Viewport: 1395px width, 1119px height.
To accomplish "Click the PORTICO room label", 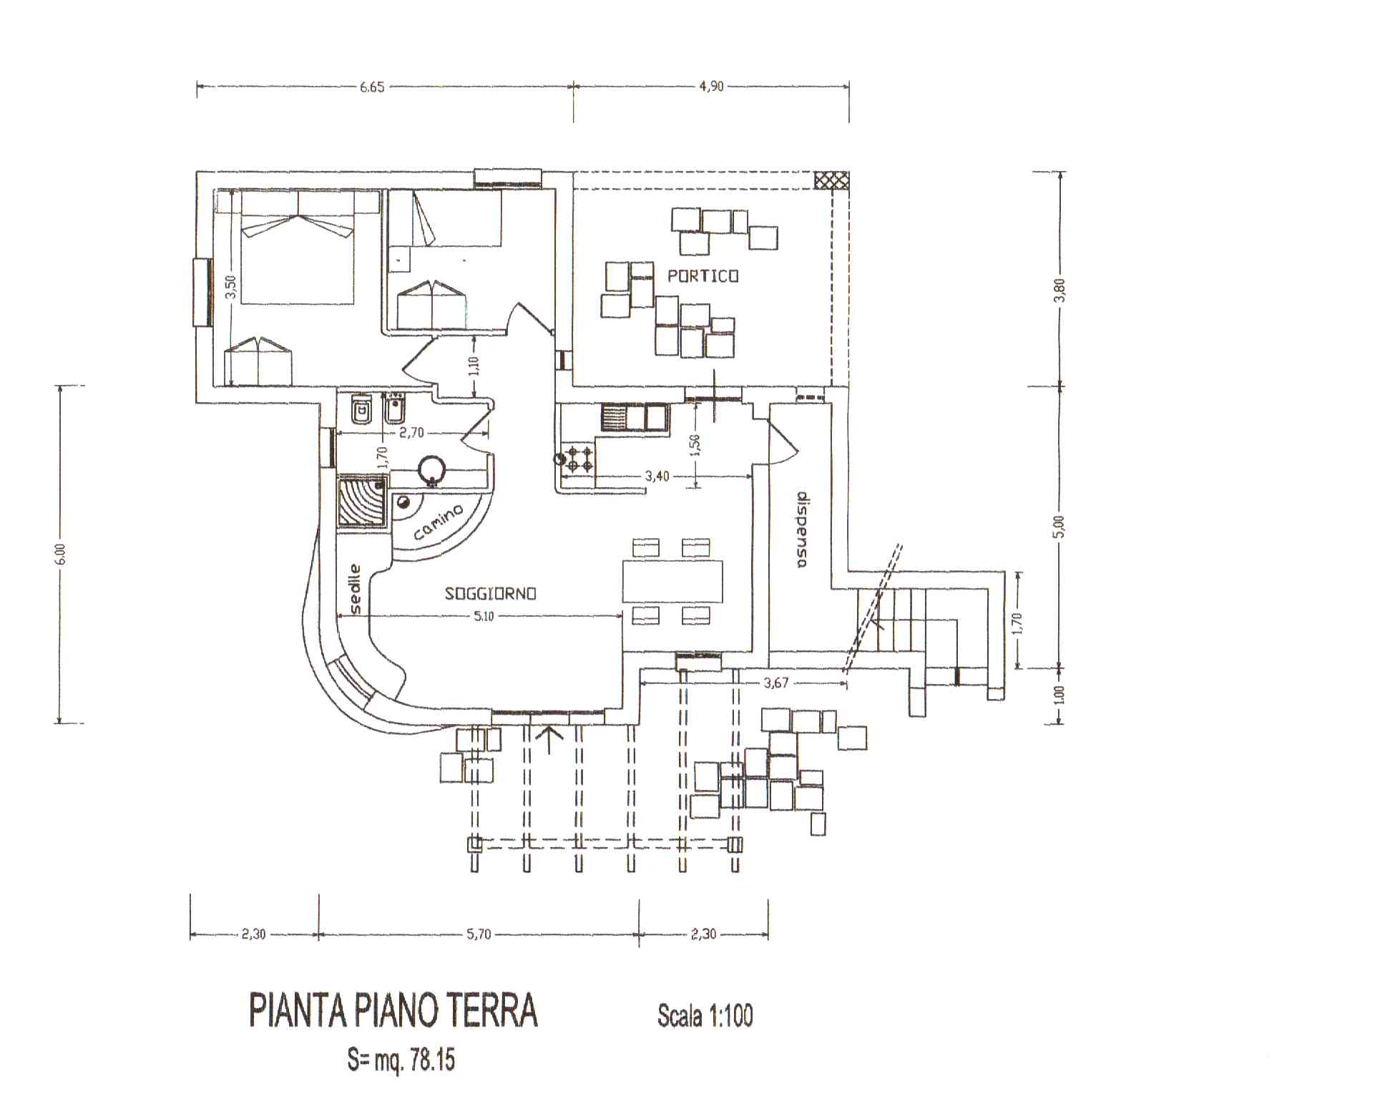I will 703,276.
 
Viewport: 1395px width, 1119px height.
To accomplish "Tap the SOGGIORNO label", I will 491,594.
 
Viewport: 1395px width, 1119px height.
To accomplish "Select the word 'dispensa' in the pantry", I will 801,530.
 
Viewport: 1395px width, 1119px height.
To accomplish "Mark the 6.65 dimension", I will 372,87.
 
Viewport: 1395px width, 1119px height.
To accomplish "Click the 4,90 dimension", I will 711,87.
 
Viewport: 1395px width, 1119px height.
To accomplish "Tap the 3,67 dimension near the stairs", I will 775,683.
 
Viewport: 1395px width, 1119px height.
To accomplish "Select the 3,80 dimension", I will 1059,290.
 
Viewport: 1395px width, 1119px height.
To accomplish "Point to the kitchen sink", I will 634,417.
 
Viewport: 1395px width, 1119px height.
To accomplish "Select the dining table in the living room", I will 672,582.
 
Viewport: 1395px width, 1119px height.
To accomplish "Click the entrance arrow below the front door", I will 549,740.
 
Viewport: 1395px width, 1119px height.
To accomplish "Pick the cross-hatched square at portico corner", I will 831,180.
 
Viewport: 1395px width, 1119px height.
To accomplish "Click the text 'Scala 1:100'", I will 705,1016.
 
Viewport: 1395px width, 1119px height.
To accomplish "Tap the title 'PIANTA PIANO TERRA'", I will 393,1011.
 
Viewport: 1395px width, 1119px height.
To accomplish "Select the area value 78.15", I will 433,1060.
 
